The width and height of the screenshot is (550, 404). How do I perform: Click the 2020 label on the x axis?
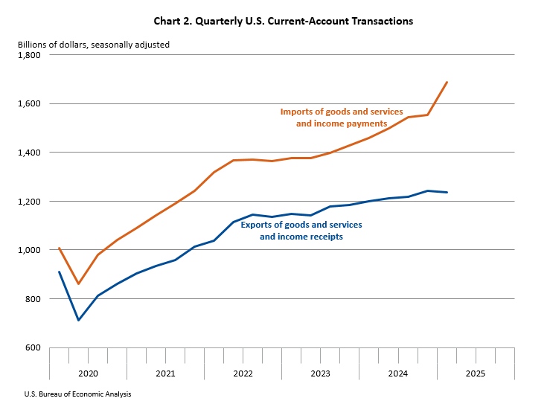click(88, 372)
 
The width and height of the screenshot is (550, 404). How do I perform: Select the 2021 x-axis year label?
click(165, 372)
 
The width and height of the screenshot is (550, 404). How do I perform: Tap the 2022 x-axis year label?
click(243, 372)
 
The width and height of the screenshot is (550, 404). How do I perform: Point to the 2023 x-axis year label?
click(321, 372)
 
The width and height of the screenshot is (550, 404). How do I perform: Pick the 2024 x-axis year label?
click(398, 372)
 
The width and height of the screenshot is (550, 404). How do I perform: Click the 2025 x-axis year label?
click(476, 372)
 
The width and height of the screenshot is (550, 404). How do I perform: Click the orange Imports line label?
click(341, 118)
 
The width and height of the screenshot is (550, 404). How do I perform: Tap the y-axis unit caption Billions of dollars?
click(94, 45)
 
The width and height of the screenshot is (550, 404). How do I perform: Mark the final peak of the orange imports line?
click(447, 82)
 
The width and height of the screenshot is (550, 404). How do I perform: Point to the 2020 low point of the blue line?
click(78, 320)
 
